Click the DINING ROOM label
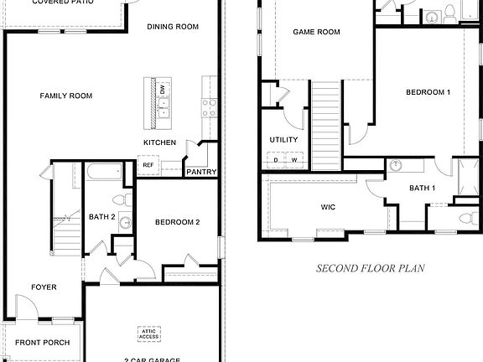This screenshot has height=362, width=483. (x=173, y=27)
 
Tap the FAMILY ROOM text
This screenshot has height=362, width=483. (x=66, y=96)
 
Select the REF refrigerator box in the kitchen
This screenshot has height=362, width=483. (x=148, y=165)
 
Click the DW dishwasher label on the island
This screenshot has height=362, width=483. (x=162, y=90)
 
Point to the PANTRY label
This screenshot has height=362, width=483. (x=202, y=173)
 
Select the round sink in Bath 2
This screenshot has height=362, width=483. (x=125, y=223)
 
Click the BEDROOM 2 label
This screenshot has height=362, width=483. (x=177, y=222)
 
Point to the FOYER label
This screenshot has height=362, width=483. (x=44, y=287)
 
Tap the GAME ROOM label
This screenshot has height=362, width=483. (x=316, y=33)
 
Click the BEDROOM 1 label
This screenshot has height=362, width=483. (x=428, y=92)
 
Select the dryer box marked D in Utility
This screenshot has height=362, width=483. (x=276, y=159)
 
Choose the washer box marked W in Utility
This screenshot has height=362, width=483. (x=294, y=159)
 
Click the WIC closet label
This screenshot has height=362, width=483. (x=328, y=205)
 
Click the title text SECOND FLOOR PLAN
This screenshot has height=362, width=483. (x=370, y=269)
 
